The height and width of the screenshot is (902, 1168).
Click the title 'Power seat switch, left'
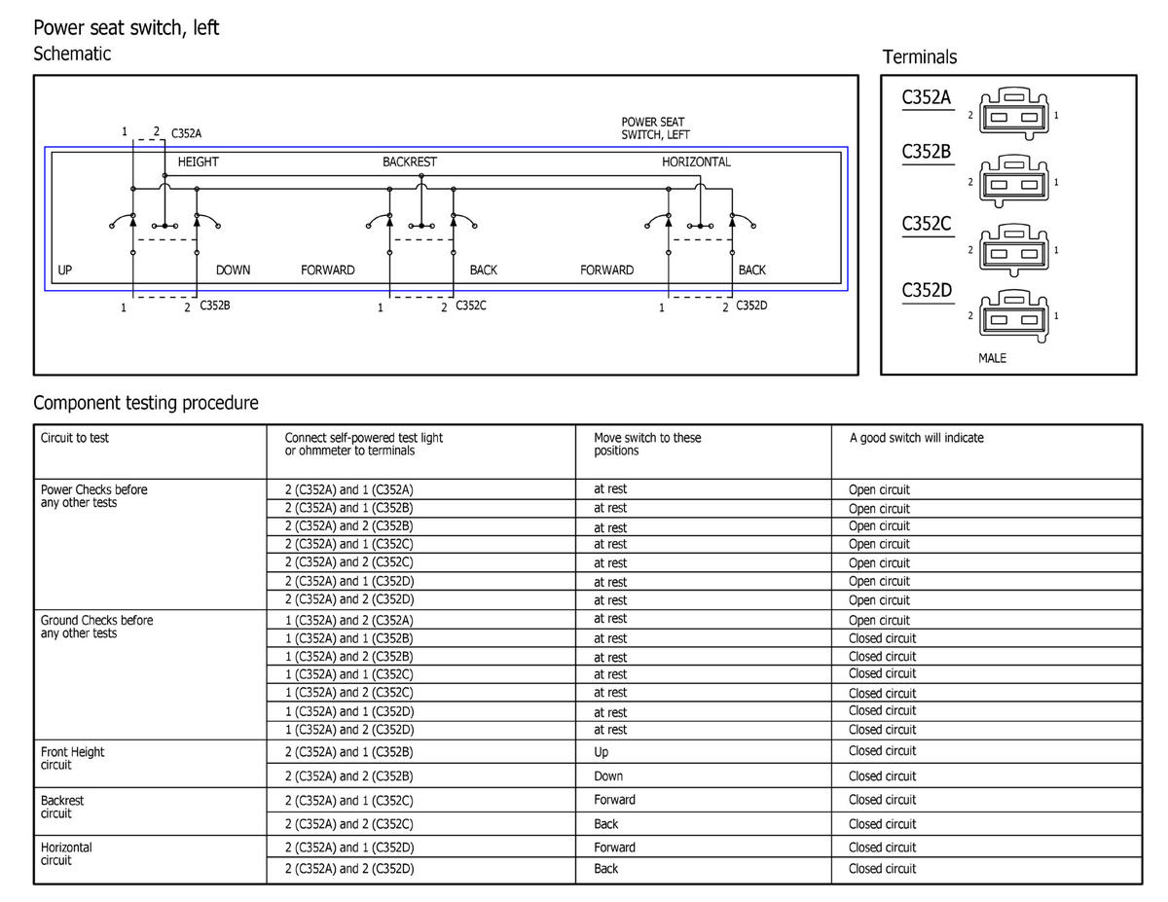(x=127, y=27)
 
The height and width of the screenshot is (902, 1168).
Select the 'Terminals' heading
(x=919, y=57)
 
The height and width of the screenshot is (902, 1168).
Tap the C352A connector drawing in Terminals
(x=1012, y=114)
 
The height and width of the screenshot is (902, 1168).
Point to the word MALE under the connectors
(x=992, y=358)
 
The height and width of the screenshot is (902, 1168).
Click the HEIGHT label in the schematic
(x=198, y=162)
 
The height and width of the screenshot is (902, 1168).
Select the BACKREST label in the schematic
(x=410, y=162)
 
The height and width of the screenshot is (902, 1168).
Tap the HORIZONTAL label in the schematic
(x=696, y=162)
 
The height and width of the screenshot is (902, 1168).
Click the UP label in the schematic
(x=65, y=270)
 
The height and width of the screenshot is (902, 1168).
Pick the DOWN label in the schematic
(x=233, y=270)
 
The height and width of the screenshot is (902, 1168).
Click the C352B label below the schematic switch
(x=214, y=306)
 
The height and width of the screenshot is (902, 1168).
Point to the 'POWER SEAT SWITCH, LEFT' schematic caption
(x=655, y=128)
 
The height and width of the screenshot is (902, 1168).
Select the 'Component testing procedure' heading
(x=146, y=403)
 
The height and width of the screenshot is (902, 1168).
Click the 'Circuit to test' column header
(x=75, y=438)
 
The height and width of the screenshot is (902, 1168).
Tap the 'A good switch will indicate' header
(x=916, y=438)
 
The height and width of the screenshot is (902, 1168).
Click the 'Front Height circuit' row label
(x=72, y=758)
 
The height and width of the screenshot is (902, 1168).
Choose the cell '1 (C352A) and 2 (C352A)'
(x=348, y=620)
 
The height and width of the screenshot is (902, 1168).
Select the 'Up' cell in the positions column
(x=601, y=751)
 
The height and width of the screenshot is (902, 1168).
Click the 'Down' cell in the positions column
(x=608, y=776)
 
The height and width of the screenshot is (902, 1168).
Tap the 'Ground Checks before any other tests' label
(x=96, y=627)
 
